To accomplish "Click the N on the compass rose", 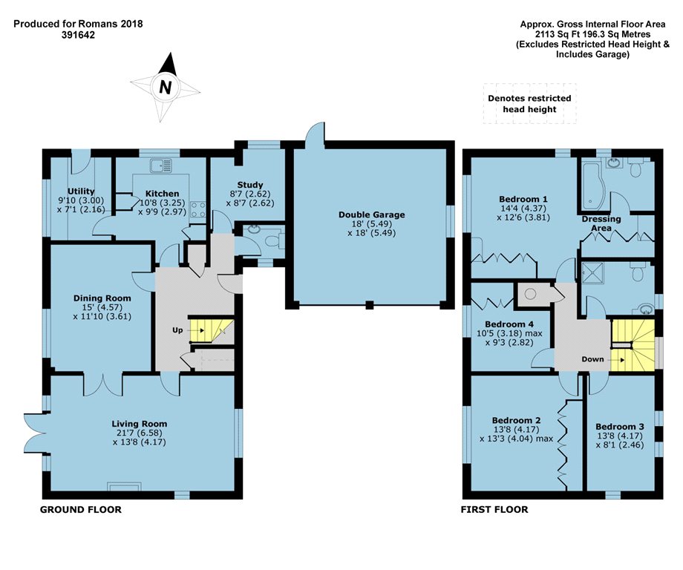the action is [165, 87].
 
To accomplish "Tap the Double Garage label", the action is [371, 214].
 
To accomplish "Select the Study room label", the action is [250, 185].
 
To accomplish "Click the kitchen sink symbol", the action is [161, 166].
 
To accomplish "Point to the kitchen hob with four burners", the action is [198, 209].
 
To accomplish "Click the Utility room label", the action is [81, 191].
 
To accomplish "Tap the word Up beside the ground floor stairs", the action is [177, 330].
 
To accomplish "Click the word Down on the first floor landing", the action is [593, 359].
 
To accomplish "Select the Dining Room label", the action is [102, 298].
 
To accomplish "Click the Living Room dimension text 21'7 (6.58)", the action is [139, 433].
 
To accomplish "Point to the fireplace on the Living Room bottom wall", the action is [124, 486].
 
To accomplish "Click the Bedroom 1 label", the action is [523, 200].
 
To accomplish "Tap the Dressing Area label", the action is [601, 223].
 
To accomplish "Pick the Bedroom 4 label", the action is [509, 324].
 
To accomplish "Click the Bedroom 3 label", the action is [619, 427].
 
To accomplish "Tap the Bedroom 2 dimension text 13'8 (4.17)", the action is [516, 429].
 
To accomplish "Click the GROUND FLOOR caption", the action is [81, 509].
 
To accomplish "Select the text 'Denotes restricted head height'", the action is [529, 104].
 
